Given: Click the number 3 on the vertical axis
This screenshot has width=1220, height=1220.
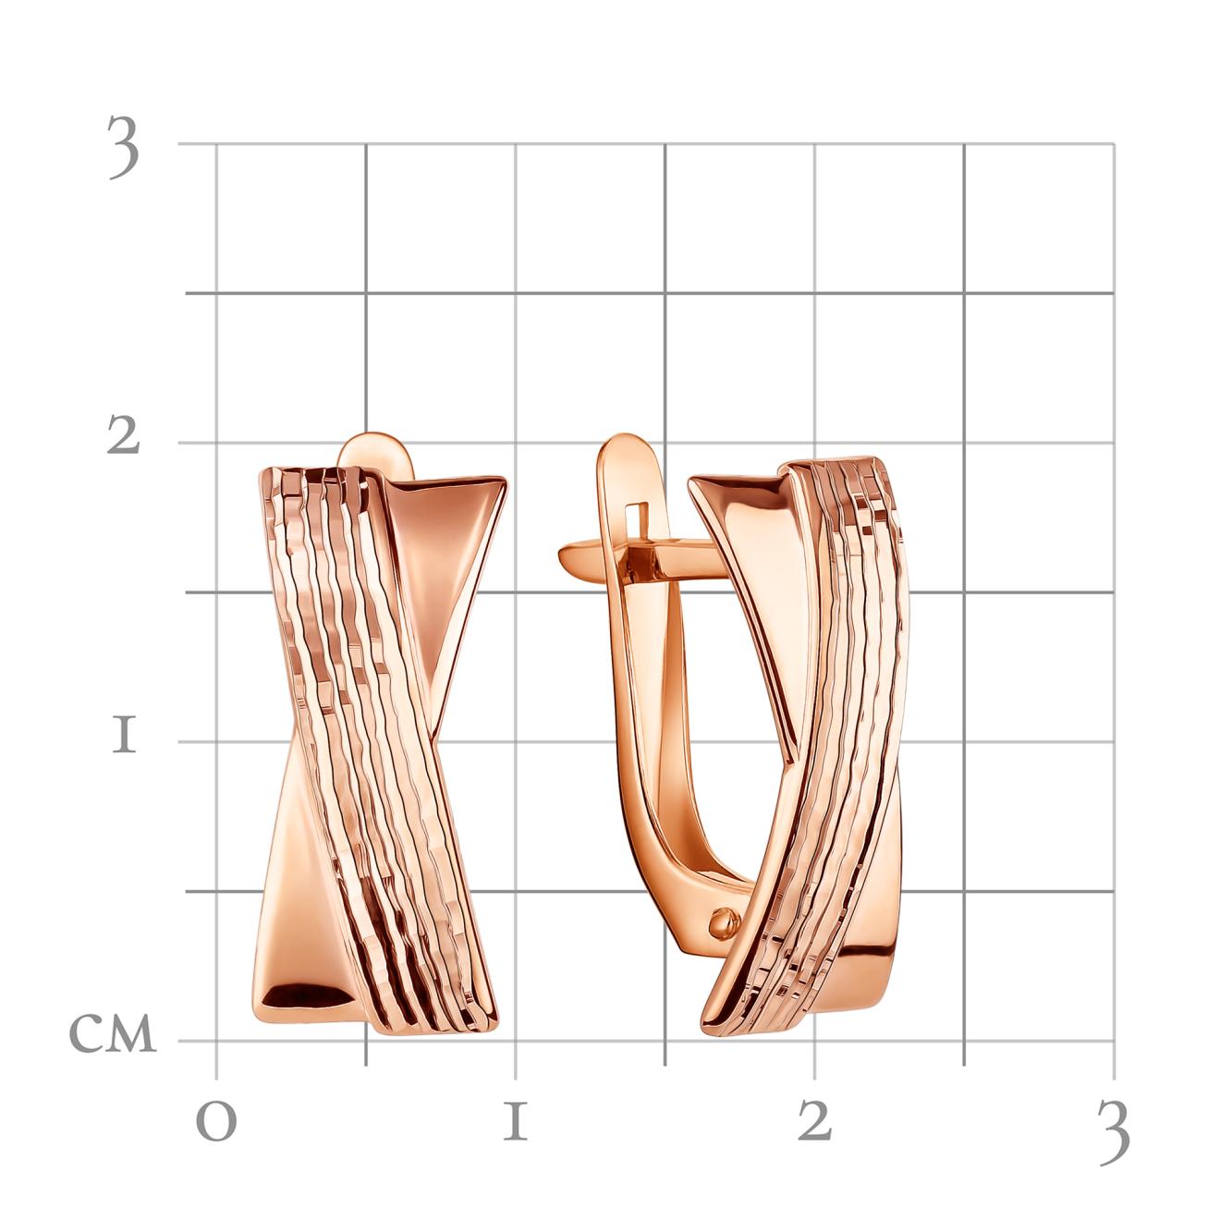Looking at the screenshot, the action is tap(124, 148).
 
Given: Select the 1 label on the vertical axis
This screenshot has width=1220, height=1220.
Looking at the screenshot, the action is tap(124, 737).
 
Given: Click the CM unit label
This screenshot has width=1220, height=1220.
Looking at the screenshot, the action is tap(113, 1033).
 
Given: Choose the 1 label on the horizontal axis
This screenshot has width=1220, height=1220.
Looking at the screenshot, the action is tap(516, 1120).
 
